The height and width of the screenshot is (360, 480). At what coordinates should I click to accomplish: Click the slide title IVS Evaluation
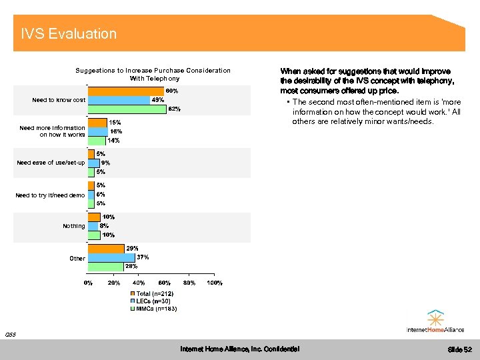click(x=69, y=33)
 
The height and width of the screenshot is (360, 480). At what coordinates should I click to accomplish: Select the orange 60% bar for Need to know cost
click(x=127, y=91)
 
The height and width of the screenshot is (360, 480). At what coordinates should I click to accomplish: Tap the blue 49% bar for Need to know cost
click(x=119, y=100)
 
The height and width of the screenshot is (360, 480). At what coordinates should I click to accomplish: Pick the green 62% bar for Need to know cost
click(x=127, y=109)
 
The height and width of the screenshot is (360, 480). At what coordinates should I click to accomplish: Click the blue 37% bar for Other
click(x=111, y=257)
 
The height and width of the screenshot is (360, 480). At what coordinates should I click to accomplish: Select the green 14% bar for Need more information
click(x=97, y=141)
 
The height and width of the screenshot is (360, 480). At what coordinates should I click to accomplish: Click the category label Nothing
click(x=74, y=226)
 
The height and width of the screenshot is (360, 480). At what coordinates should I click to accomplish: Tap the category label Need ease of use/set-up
click(x=51, y=163)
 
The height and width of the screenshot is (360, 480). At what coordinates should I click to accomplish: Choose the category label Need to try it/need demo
click(x=51, y=195)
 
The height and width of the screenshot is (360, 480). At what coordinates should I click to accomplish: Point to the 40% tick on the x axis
click(x=139, y=283)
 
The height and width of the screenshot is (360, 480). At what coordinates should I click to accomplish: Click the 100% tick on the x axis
click(x=214, y=283)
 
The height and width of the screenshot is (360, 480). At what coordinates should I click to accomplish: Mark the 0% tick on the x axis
click(x=88, y=283)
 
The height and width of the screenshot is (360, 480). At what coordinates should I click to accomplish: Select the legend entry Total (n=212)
click(x=155, y=293)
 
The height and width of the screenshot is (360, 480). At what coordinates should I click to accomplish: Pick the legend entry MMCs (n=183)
click(x=156, y=309)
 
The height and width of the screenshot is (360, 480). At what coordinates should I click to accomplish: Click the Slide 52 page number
click(x=459, y=349)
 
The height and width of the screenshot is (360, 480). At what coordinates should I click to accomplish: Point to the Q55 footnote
click(x=9, y=335)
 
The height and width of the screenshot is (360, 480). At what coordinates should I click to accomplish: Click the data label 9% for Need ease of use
click(x=105, y=163)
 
